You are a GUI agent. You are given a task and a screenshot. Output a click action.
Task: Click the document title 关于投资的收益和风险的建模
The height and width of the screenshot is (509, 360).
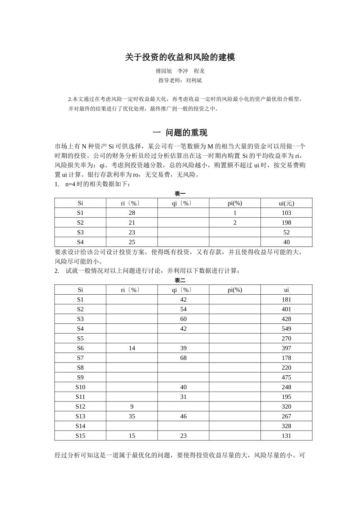180,58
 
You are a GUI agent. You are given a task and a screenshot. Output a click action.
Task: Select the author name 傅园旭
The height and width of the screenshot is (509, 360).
164,71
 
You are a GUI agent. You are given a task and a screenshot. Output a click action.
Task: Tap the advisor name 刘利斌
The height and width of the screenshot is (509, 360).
194,80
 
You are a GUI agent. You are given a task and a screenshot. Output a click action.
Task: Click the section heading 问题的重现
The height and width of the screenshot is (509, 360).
186,133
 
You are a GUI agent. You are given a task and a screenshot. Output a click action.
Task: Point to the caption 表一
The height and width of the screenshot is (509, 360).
180,194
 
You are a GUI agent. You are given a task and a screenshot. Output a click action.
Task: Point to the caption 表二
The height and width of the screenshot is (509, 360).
180,280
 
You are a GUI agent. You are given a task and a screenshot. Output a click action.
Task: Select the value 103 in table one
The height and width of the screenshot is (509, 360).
286,213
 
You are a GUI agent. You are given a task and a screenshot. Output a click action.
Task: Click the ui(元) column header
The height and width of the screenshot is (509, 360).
286,203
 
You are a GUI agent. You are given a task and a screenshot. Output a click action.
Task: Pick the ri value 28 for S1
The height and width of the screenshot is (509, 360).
132,213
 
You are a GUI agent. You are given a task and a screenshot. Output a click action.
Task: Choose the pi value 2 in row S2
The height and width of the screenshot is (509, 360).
235,223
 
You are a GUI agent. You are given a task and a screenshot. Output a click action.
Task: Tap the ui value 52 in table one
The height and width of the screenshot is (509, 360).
286,233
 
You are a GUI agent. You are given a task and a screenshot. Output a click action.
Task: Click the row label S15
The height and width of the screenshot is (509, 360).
80,436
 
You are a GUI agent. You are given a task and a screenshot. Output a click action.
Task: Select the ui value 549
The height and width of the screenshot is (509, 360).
286,329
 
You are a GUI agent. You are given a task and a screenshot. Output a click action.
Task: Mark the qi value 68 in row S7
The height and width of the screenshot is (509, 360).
183,358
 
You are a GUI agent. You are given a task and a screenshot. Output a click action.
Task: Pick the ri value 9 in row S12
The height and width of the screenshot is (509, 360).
132,406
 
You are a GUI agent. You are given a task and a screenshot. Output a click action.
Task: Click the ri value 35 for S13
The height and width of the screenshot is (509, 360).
132,416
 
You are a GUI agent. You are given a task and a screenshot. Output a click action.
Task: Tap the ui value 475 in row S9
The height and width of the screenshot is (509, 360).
286,377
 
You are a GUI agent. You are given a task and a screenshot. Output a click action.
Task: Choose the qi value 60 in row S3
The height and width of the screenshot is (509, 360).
183,319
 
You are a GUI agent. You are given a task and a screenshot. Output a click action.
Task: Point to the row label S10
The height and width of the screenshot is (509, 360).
80,387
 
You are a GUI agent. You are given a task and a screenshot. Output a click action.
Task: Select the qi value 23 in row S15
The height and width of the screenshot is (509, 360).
183,436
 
